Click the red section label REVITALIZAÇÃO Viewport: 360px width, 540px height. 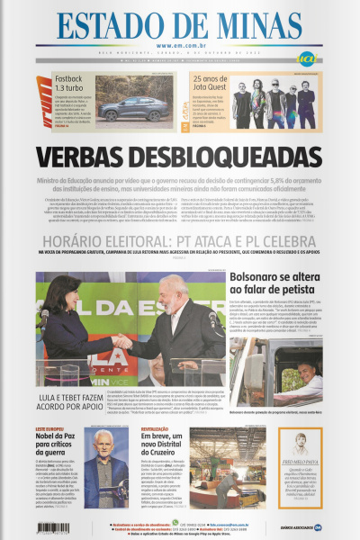[x=156, y=429]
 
